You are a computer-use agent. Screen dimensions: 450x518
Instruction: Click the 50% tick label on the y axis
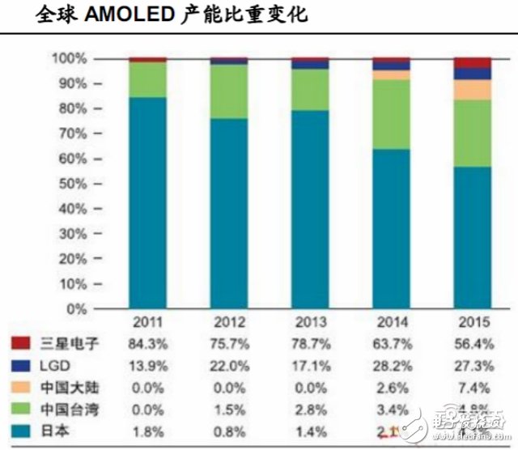[x=70, y=184]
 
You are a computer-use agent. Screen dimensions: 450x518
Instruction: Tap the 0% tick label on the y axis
[x=74, y=309]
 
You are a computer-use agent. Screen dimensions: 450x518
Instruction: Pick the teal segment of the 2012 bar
[x=229, y=214]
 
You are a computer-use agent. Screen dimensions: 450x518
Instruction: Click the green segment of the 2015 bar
[x=473, y=134]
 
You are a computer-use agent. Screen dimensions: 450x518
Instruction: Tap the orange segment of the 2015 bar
[x=473, y=90]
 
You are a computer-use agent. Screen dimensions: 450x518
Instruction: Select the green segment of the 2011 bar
[x=147, y=79]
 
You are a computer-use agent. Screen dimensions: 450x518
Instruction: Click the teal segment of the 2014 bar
[x=391, y=229]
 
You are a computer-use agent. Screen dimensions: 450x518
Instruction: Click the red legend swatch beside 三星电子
[x=20, y=343]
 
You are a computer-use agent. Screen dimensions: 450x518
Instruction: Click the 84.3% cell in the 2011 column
[x=149, y=344]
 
